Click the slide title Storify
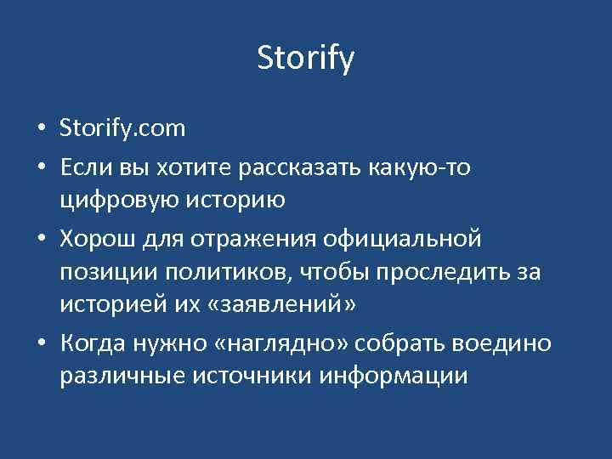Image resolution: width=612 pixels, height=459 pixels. [305, 59]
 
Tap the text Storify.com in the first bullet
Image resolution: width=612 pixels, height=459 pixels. [122, 130]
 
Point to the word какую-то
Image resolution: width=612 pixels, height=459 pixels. [423, 167]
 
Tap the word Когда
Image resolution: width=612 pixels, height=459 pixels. [93, 343]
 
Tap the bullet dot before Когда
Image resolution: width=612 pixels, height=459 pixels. [41, 344]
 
